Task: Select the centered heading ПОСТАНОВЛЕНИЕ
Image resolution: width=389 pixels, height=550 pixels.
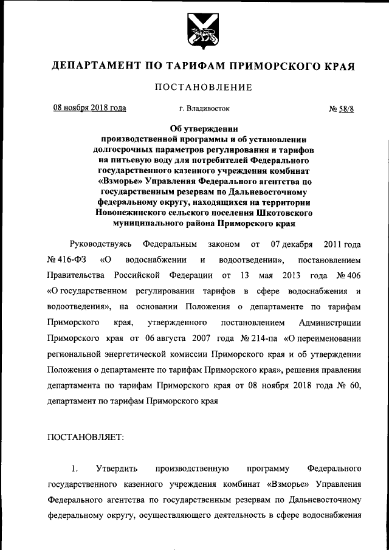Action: (x=203, y=88)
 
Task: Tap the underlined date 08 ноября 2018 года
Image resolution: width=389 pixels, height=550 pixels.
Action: (x=89, y=108)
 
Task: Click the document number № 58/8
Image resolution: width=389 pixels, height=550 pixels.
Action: (x=341, y=109)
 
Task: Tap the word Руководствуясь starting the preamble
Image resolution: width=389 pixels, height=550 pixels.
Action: (x=100, y=244)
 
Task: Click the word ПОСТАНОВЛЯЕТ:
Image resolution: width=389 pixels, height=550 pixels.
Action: (x=84, y=437)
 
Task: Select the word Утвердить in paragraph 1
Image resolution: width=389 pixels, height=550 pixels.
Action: (x=117, y=468)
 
